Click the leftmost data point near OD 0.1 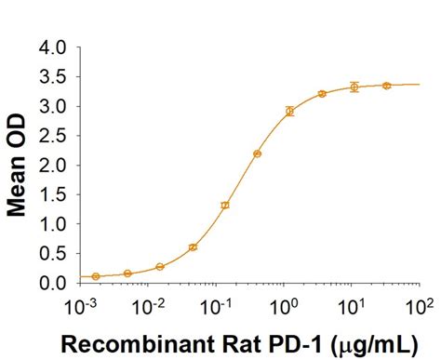point(96,276)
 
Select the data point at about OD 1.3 point(225,205)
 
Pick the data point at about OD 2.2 point(257,153)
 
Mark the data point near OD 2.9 point(289,111)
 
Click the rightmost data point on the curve point(386,85)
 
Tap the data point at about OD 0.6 point(193,247)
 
